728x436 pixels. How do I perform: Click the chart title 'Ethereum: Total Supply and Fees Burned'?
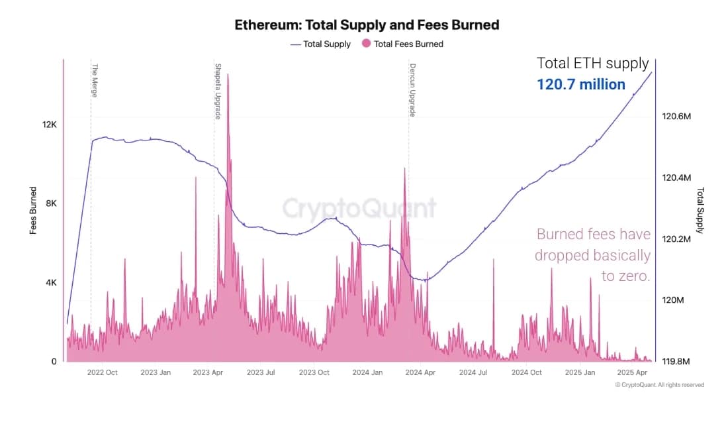(367, 25)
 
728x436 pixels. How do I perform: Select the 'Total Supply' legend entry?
(326, 44)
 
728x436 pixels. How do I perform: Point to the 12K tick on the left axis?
(50, 125)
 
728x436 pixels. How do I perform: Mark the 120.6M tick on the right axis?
(676, 117)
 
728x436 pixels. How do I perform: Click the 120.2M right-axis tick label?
(676, 239)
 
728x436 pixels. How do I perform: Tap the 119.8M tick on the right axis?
(676, 362)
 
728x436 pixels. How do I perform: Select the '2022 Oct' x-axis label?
(102, 373)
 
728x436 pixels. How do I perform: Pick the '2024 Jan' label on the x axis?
(367, 373)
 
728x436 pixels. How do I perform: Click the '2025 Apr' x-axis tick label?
(632, 373)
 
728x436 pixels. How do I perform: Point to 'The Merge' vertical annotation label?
(95, 80)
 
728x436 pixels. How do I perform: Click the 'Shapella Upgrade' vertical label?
(218, 91)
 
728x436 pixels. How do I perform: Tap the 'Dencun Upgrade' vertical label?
(412, 90)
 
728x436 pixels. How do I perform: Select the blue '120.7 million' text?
(580, 85)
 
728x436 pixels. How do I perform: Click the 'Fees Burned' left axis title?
(33, 211)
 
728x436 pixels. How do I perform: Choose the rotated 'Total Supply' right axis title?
(700, 211)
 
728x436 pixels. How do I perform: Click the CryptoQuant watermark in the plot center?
(359, 208)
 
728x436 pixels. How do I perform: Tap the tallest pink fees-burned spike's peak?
(228, 74)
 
